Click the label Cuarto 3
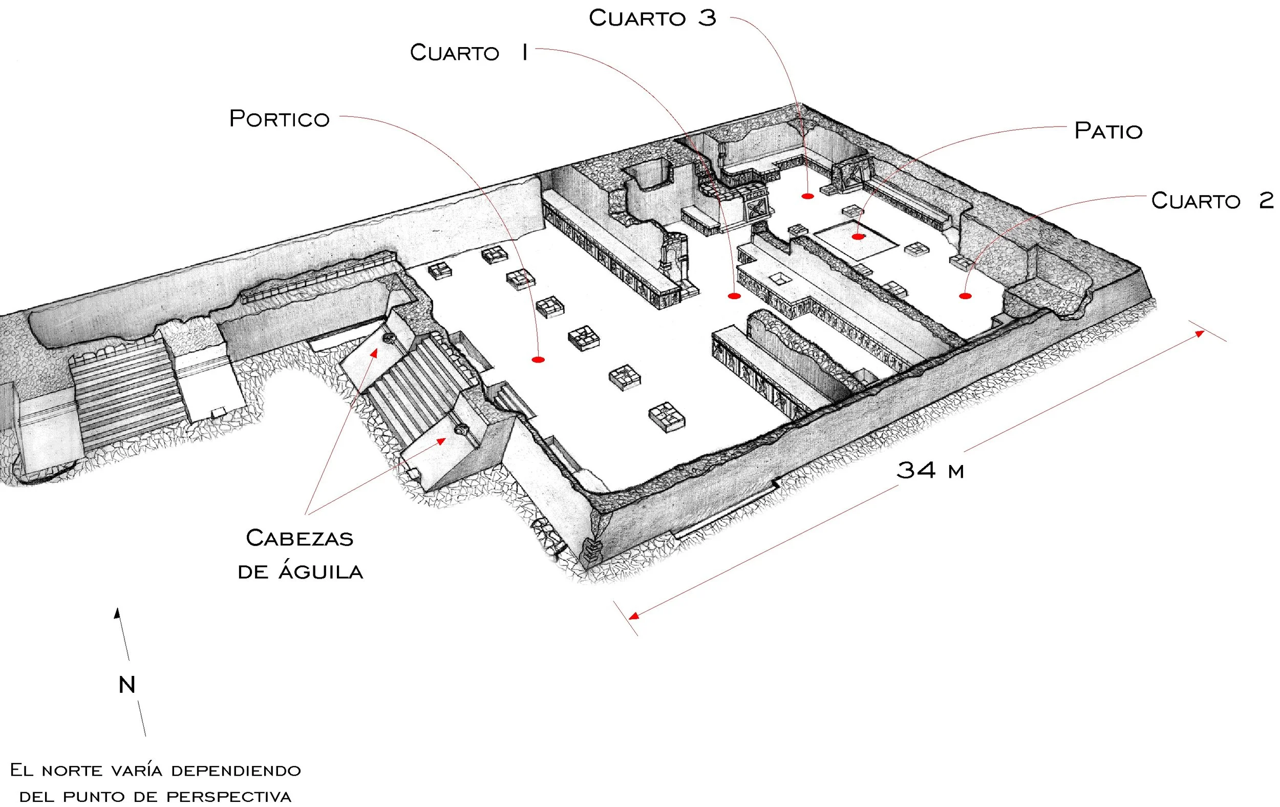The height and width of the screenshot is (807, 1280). click(x=652, y=18)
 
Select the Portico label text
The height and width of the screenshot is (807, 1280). click(x=279, y=119)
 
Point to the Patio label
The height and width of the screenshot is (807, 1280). click(x=1108, y=131)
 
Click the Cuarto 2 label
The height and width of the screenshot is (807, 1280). click(x=1212, y=200)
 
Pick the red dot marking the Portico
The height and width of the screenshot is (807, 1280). click(x=538, y=360)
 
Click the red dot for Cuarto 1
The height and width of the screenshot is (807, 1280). click(x=734, y=296)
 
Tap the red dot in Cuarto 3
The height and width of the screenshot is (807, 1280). click(x=807, y=196)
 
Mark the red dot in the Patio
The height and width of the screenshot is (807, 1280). click(x=858, y=237)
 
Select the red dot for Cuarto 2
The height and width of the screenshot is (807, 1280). click(x=965, y=296)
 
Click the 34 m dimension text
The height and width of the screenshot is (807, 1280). click(x=930, y=471)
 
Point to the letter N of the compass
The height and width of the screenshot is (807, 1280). click(x=126, y=685)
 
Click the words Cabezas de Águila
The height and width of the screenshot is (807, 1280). click(x=301, y=555)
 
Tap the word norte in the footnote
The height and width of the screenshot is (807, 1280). click(x=72, y=771)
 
